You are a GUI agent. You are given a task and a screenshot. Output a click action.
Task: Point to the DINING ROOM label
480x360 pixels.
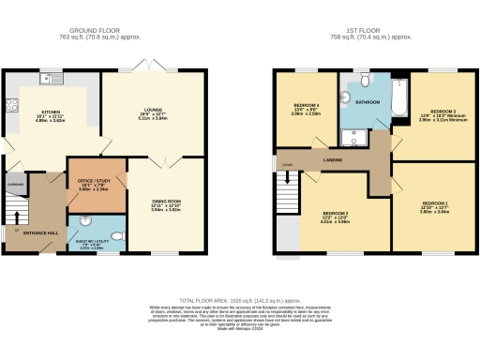(165, 201)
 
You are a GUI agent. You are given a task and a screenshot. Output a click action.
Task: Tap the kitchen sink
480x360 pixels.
(46, 77)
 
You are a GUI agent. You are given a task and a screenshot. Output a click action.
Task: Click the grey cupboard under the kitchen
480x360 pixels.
(15, 184)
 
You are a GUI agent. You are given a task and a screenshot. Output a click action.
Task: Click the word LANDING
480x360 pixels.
(332, 159)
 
